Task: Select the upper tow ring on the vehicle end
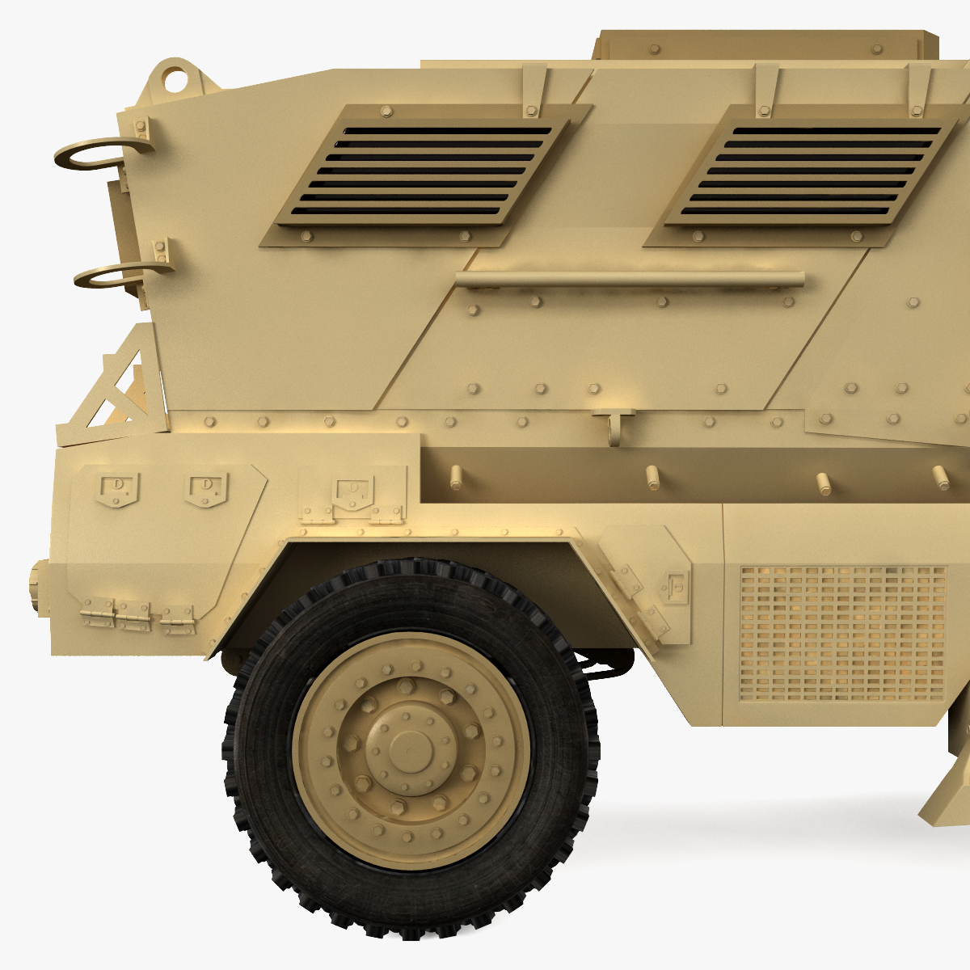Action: click(94, 153)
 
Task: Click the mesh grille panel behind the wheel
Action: click(842, 633)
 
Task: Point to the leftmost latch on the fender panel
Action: click(118, 488)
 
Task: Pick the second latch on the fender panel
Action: click(207, 490)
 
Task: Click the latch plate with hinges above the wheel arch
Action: click(352, 495)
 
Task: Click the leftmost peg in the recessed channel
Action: click(456, 478)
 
